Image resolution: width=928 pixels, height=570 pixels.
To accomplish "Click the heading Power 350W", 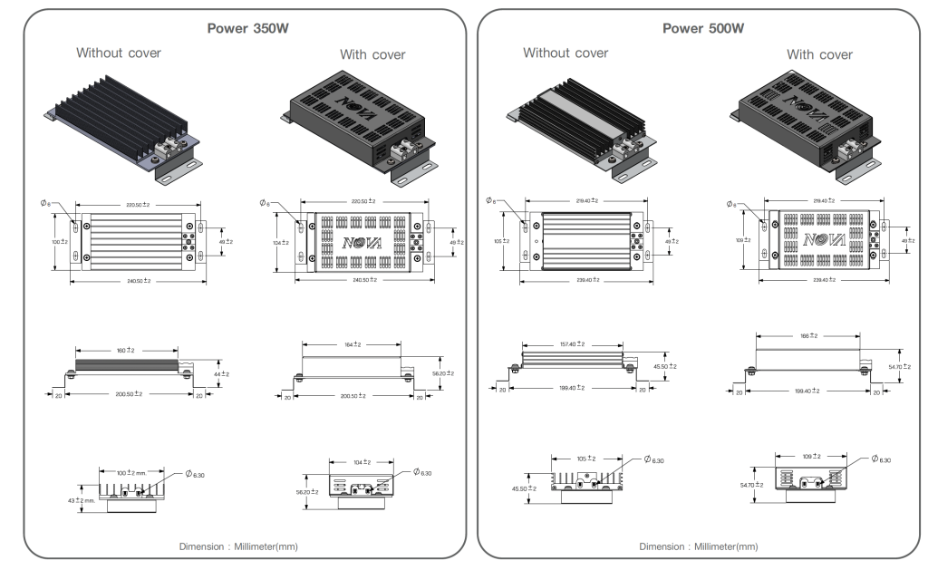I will (x=244, y=28).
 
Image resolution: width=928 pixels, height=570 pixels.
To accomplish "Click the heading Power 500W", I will (x=703, y=28).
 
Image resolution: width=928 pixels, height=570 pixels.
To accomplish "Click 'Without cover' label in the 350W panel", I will (x=119, y=53).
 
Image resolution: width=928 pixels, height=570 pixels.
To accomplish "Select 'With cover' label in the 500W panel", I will (x=819, y=54).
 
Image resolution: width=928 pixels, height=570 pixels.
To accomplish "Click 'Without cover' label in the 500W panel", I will (x=565, y=53).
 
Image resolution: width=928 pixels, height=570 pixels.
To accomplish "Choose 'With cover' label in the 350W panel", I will (x=372, y=54).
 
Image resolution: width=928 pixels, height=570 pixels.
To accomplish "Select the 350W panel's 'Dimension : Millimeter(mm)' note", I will (x=239, y=546).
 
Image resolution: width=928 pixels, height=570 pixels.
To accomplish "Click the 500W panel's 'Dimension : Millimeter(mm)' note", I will (x=699, y=546).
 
